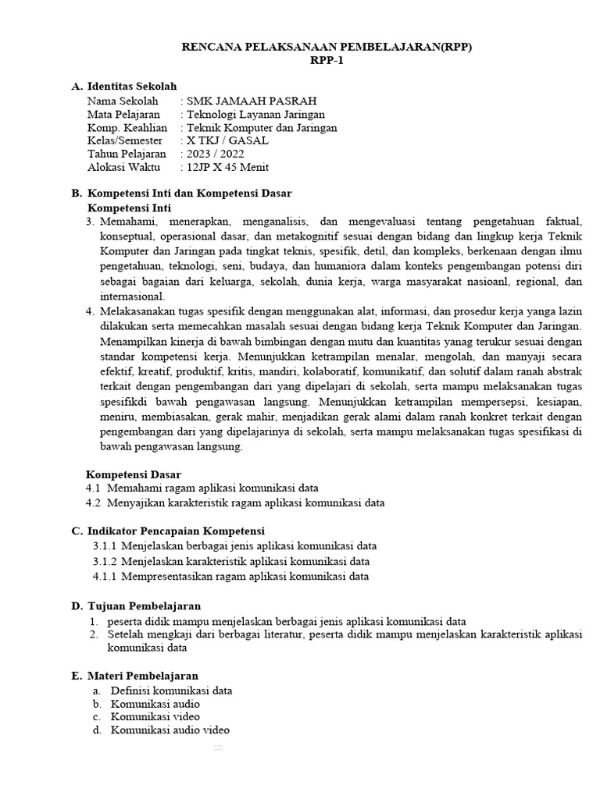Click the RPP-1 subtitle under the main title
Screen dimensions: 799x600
(x=327, y=62)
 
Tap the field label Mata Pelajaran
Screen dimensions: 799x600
(x=123, y=114)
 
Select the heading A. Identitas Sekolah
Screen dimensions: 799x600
(x=130, y=86)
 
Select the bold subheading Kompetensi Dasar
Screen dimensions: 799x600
(x=133, y=474)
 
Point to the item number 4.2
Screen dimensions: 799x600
(x=94, y=502)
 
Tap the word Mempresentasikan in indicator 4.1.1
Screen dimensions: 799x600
(x=167, y=577)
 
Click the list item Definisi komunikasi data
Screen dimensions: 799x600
(x=171, y=691)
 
